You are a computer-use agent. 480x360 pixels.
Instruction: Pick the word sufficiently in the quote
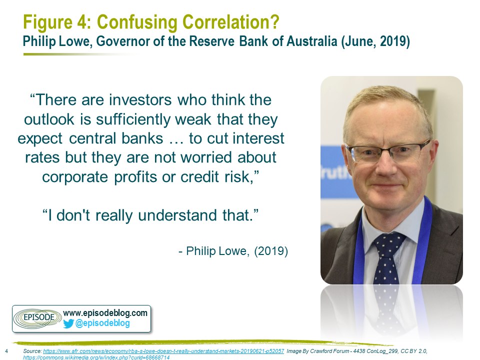click(133, 119)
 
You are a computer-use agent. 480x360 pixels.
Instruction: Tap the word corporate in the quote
click(75, 177)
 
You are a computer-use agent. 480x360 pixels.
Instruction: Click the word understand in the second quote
click(177, 215)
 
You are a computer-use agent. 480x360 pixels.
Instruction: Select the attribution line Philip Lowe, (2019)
click(233, 251)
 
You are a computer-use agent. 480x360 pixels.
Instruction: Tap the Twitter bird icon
click(68, 323)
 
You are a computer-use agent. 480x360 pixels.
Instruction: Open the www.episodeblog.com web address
click(105, 313)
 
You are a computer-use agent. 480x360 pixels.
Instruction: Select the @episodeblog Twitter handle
click(102, 323)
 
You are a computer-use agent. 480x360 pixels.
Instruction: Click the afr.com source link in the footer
click(163, 351)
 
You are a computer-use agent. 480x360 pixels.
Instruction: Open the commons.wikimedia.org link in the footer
click(96, 357)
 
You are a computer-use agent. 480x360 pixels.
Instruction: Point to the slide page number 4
click(6, 351)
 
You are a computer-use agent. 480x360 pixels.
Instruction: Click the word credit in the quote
click(199, 176)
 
